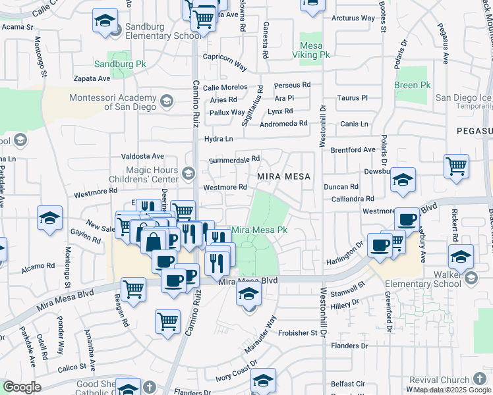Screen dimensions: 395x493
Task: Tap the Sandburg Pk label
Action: [x=119, y=65]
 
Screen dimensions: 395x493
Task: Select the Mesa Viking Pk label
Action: [x=314, y=51]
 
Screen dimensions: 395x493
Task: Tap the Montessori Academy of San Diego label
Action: [x=113, y=102]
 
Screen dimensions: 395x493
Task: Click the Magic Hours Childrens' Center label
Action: [x=144, y=174]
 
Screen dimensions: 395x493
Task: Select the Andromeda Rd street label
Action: [x=284, y=123]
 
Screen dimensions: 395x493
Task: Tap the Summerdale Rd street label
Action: [x=235, y=159]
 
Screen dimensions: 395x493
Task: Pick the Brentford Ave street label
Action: [x=353, y=150]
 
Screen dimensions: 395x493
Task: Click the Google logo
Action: [x=22, y=387]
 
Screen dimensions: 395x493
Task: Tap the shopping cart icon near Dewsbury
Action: [x=456, y=167]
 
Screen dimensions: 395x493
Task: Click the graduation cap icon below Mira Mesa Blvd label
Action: [x=248, y=294]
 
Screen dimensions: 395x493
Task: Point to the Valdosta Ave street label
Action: [x=142, y=156]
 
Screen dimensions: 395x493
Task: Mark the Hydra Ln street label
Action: [x=219, y=139]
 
